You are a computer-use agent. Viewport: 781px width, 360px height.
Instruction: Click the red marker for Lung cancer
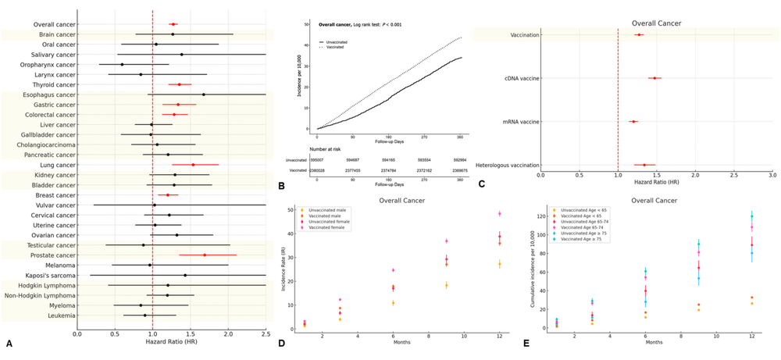tap(193, 165)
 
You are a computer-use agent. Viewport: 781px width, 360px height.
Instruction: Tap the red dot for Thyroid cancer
tap(179, 84)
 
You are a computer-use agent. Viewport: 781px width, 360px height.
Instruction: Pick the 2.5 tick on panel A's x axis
tap(266, 334)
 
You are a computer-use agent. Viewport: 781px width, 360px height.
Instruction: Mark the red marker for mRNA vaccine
tap(633, 121)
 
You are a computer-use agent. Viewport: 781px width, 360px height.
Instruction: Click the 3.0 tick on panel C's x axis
tap(772, 176)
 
